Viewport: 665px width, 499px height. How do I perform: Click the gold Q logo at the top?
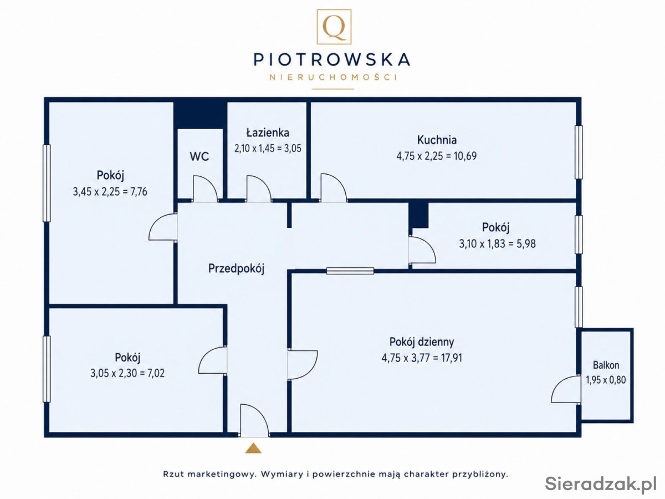(x=334, y=27)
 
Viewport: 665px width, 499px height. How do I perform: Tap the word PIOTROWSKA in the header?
(x=332, y=59)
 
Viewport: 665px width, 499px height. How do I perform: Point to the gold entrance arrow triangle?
(x=253, y=448)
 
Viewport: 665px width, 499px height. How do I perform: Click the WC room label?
(x=199, y=156)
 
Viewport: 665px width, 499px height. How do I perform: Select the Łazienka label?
(x=268, y=133)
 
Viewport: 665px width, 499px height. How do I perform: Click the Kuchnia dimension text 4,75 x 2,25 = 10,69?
(x=437, y=156)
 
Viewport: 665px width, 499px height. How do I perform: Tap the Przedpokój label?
(x=236, y=268)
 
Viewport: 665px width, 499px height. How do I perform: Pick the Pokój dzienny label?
(x=422, y=342)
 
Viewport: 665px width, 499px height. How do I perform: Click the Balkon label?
(x=606, y=365)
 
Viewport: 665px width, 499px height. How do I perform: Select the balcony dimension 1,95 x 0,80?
(x=606, y=380)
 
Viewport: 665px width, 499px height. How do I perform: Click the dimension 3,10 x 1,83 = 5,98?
(x=497, y=243)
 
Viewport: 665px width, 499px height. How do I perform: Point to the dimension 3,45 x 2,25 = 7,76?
(x=110, y=191)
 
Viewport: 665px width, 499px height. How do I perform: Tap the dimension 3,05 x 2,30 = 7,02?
(x=127, y=373)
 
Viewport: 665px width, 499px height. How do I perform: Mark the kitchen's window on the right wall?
(x=579, y=152)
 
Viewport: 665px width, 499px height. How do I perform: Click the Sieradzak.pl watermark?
(x=601, y=484)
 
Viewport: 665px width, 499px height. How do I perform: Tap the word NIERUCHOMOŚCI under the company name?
(x=333, y=77)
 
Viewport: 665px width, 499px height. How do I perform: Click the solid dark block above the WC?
(x=200, y=115)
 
